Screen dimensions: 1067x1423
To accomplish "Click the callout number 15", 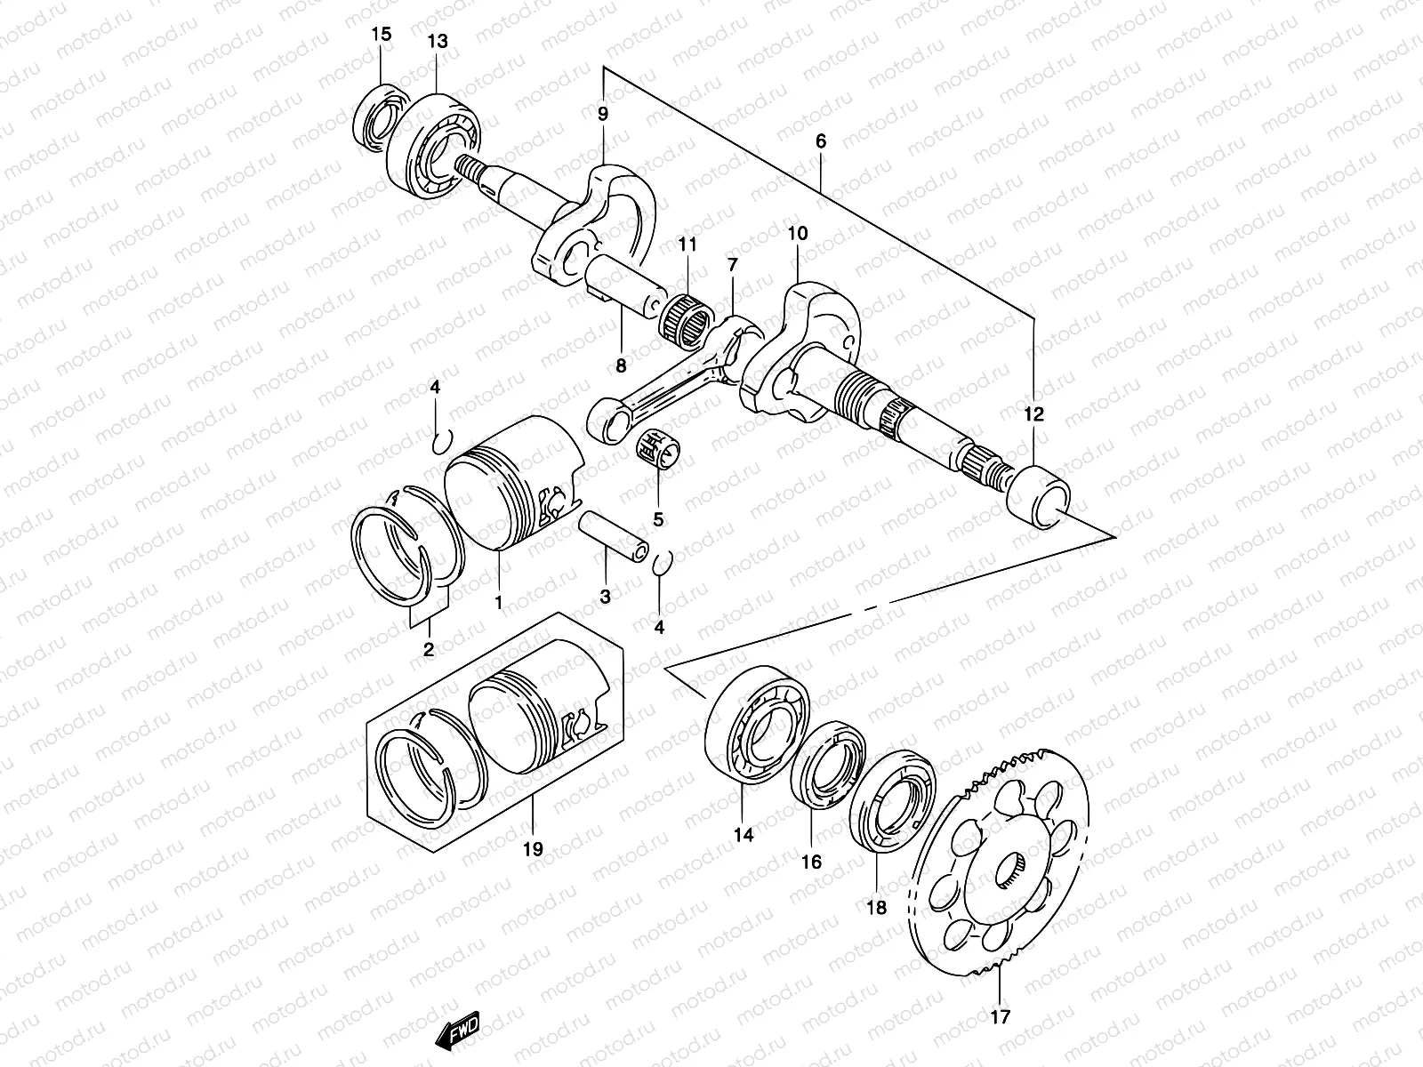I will pos(381,35).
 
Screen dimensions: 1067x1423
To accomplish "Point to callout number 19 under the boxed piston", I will pos(532,849).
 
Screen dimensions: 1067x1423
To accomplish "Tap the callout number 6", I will pos(820,141).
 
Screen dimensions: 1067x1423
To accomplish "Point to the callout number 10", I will pos(797,235).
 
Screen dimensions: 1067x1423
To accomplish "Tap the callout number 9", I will pos(603,114).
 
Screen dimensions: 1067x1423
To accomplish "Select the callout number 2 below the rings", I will pos(428,650).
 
